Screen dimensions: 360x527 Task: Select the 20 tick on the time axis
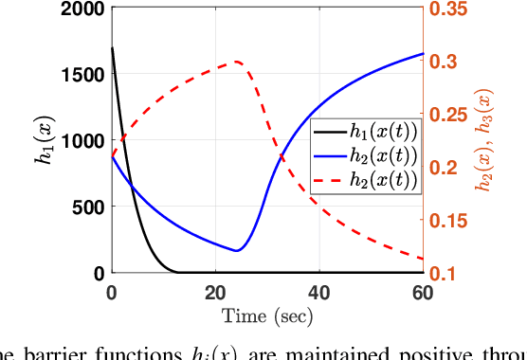(x=215, y=290)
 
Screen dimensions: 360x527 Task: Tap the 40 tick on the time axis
(x=319, y=290)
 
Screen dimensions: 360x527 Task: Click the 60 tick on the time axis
(x=423, y=290)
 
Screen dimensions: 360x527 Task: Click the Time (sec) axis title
(x=267, y=315)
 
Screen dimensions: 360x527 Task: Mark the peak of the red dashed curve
(x=236, y=62)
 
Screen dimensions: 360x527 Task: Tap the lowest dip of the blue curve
(x=236, y=251)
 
